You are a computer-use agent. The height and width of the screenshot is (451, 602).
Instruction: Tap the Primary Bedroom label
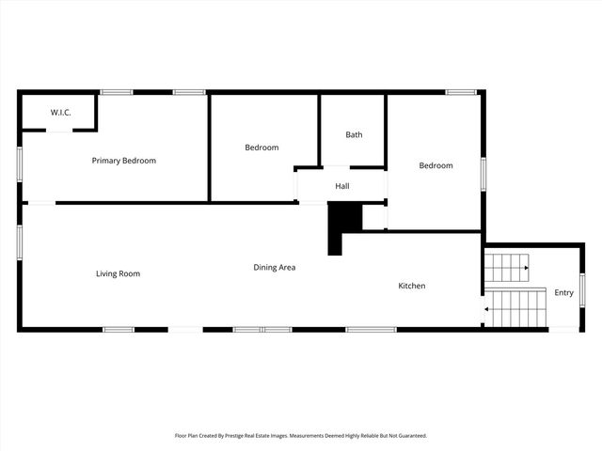click(123, 161)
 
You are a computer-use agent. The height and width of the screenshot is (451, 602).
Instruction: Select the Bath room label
click(354, 134)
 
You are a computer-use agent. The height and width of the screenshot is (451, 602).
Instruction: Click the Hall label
click(342, 186)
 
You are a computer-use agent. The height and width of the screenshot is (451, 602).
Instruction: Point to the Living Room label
click(118, 273)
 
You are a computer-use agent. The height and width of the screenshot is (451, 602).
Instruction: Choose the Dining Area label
click(275, 268)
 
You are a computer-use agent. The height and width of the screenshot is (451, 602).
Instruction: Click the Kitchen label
click(412, 286)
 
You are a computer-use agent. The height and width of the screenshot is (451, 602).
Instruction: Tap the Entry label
click(563, 293)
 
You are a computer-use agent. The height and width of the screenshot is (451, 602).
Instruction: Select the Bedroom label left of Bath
click(261, 148)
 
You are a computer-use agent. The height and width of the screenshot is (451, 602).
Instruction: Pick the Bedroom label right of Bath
click(436, 165)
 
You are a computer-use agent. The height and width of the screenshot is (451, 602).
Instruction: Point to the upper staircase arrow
click(524, 268)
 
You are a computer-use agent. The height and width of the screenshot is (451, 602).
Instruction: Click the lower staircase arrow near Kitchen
click(486, 307)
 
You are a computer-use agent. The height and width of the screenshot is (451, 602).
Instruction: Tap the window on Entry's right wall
click(582, 288)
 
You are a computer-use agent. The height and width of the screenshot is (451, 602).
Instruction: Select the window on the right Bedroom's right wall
click(483, 175)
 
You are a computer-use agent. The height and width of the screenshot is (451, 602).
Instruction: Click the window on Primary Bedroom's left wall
click(19, 164)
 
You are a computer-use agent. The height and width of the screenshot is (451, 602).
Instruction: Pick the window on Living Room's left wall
click(19, 242)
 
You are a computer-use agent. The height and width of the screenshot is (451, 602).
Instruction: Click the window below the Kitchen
click(371, 329)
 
